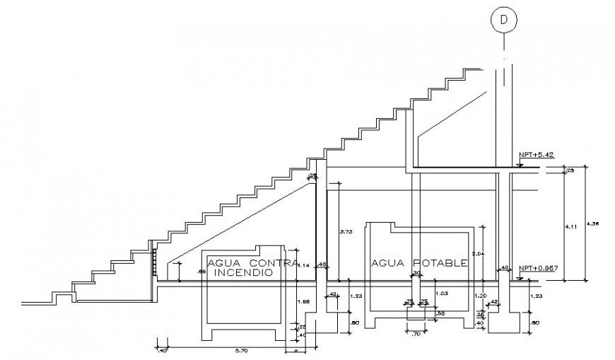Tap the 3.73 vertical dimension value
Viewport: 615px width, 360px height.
click(346, 231)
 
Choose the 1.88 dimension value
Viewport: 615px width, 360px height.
click(303, 302)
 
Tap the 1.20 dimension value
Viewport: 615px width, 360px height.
click(479, 295)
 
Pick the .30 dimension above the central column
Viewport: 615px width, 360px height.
click(416, 273)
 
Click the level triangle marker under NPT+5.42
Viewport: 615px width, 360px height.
click(520, 164)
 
